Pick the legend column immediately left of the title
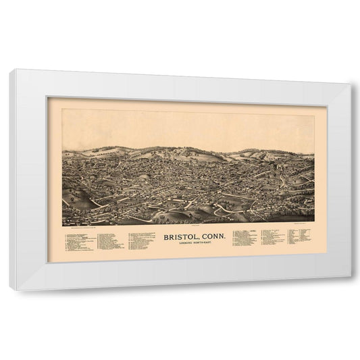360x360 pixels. (139, 240)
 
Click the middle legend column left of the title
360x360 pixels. (111, 241)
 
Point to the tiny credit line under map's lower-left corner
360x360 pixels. (82, 228)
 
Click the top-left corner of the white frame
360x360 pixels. (14, 70)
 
